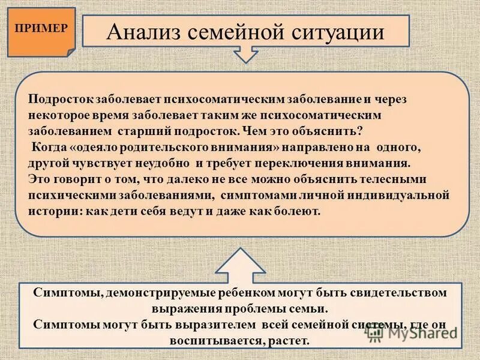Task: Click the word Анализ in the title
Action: click(x=141, y=31)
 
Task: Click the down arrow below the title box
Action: click(x=245, y=56)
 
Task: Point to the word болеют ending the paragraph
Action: click(x=299, y=212)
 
